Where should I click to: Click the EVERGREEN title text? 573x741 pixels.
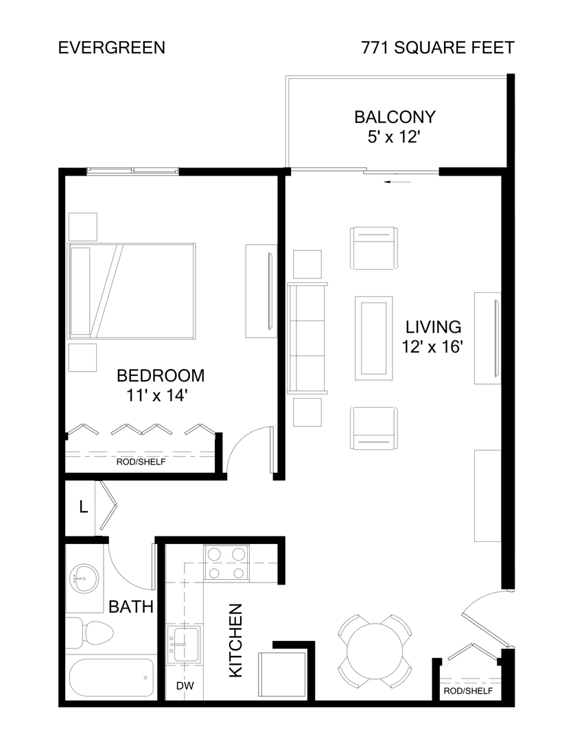click(x=111, y=48)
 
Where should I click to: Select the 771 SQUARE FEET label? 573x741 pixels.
click(x=438, y=48)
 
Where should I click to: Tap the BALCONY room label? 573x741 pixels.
click(x=395, y=117)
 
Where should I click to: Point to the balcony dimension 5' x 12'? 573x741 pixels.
click(x=394, y=137)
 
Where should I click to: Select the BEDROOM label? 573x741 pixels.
click(x=161, y=376)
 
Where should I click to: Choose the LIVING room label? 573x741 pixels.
click(x=432, y=327)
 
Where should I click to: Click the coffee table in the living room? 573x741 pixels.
click(x=374, y=337)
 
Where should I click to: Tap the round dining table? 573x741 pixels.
click(x=375, y=649)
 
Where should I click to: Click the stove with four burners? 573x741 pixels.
click(x=227, y=562)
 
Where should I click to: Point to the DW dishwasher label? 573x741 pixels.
click(x=184, y=685)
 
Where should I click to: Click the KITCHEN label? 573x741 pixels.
click(x=235, y=641)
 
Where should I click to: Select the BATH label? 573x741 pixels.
click(x=130, y=607)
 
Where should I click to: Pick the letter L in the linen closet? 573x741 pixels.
click(x=83, y=508)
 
